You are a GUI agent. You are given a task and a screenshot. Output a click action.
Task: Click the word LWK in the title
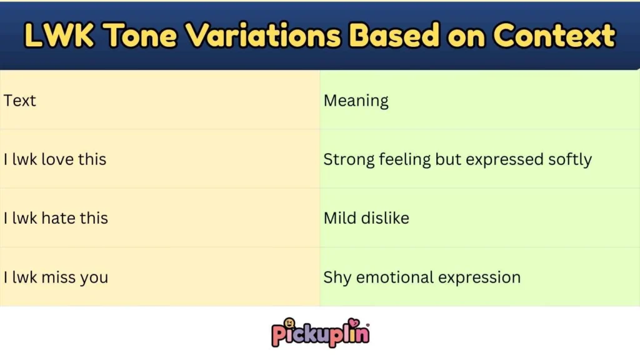click(60, 36)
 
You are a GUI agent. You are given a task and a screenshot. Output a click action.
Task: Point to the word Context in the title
click(554, 36)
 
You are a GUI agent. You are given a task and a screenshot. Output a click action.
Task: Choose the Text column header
click(20, 101)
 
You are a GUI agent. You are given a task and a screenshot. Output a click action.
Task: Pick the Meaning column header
click(356, 101)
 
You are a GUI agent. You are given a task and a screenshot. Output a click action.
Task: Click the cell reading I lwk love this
click(55, 159)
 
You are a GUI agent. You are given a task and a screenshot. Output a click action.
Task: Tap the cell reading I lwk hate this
click(56, 218)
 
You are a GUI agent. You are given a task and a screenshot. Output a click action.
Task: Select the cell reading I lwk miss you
click(56, 277)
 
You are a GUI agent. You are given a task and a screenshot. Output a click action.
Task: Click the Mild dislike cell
click(366, 218)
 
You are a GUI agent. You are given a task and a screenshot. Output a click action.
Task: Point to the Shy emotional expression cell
click(422, 277)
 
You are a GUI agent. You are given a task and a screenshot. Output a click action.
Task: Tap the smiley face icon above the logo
click(289, 324)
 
